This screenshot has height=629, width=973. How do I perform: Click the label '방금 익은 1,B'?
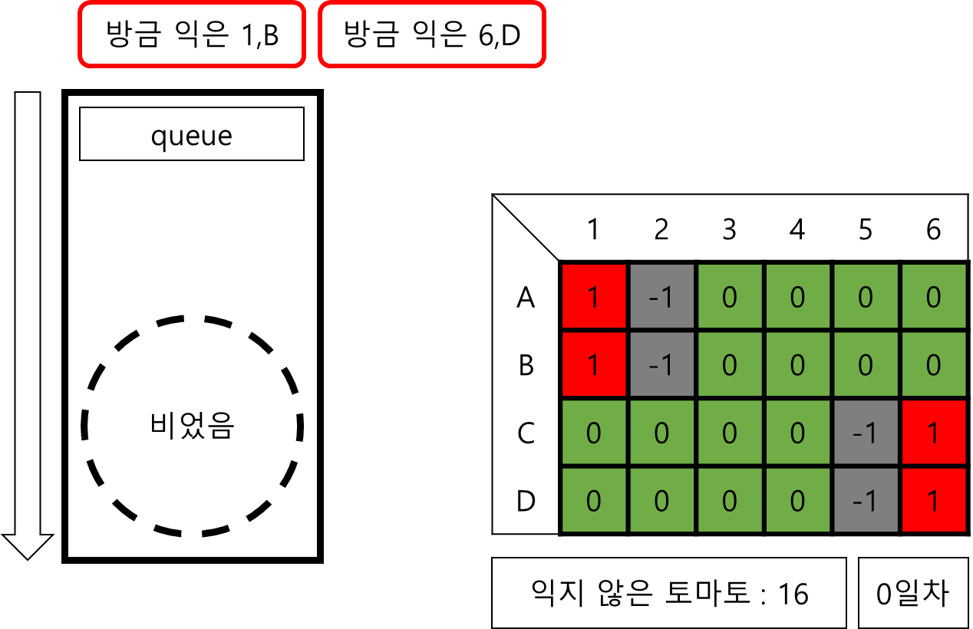click(192, 35)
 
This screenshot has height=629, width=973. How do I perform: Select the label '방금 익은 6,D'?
click(432, 35)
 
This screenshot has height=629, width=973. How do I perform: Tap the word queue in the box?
click(192, 135)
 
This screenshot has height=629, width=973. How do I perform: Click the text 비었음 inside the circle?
click(192, 425)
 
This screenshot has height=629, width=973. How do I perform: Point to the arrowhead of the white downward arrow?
click(28, 545)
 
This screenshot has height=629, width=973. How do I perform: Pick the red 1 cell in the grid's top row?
click(593, 297)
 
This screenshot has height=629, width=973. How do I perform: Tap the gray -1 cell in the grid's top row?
click(661, 297)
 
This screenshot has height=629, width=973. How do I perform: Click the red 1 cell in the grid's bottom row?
click(933, 501)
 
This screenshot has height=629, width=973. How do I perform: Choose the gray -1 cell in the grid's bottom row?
click(865, 501)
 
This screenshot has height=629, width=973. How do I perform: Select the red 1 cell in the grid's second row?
click(593, 364)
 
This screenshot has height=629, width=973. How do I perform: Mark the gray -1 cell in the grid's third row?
click(865, 433)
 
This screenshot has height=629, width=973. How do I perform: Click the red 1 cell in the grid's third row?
click(933, 433)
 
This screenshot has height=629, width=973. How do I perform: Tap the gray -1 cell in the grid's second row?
click(661, 364)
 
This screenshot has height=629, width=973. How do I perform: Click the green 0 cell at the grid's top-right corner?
click(933, 297)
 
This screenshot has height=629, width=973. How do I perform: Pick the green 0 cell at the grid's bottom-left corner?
click(593, 501)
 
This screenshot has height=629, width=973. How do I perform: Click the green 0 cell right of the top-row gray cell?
click(729, 297)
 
